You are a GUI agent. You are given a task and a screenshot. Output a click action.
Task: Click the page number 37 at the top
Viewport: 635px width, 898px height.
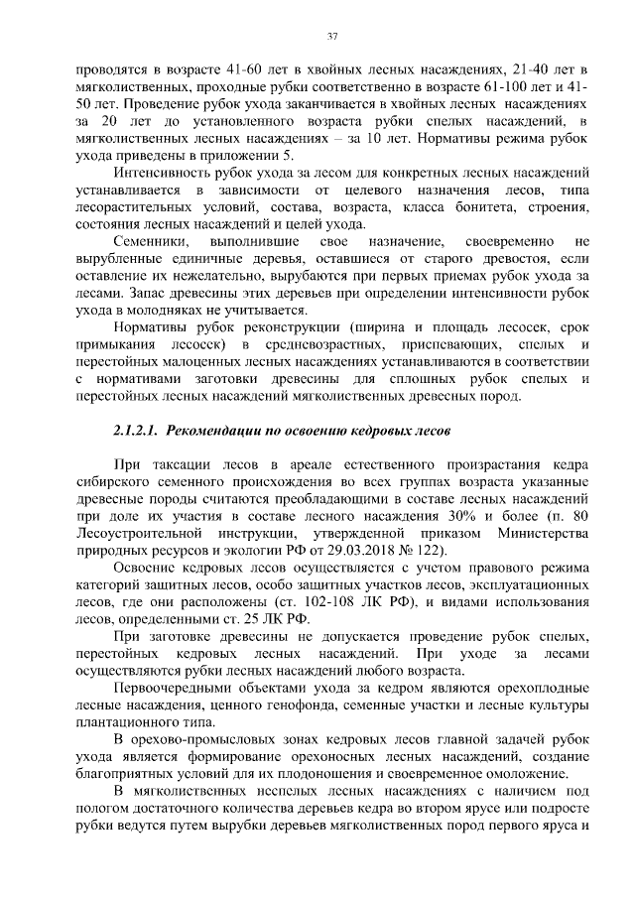click(333, 37)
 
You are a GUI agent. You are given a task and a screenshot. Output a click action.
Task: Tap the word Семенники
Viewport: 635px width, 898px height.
click(150, 241)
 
